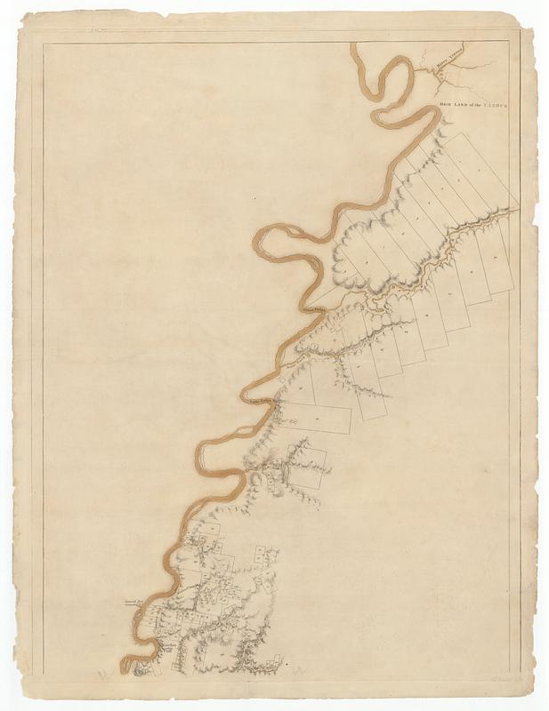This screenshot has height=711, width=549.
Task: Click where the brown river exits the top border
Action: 357,44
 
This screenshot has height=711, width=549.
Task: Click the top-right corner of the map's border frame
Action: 510,42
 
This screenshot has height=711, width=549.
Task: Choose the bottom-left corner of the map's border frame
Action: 42,673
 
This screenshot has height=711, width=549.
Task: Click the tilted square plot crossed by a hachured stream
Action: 304,467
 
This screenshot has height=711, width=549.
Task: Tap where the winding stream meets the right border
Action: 510,212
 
